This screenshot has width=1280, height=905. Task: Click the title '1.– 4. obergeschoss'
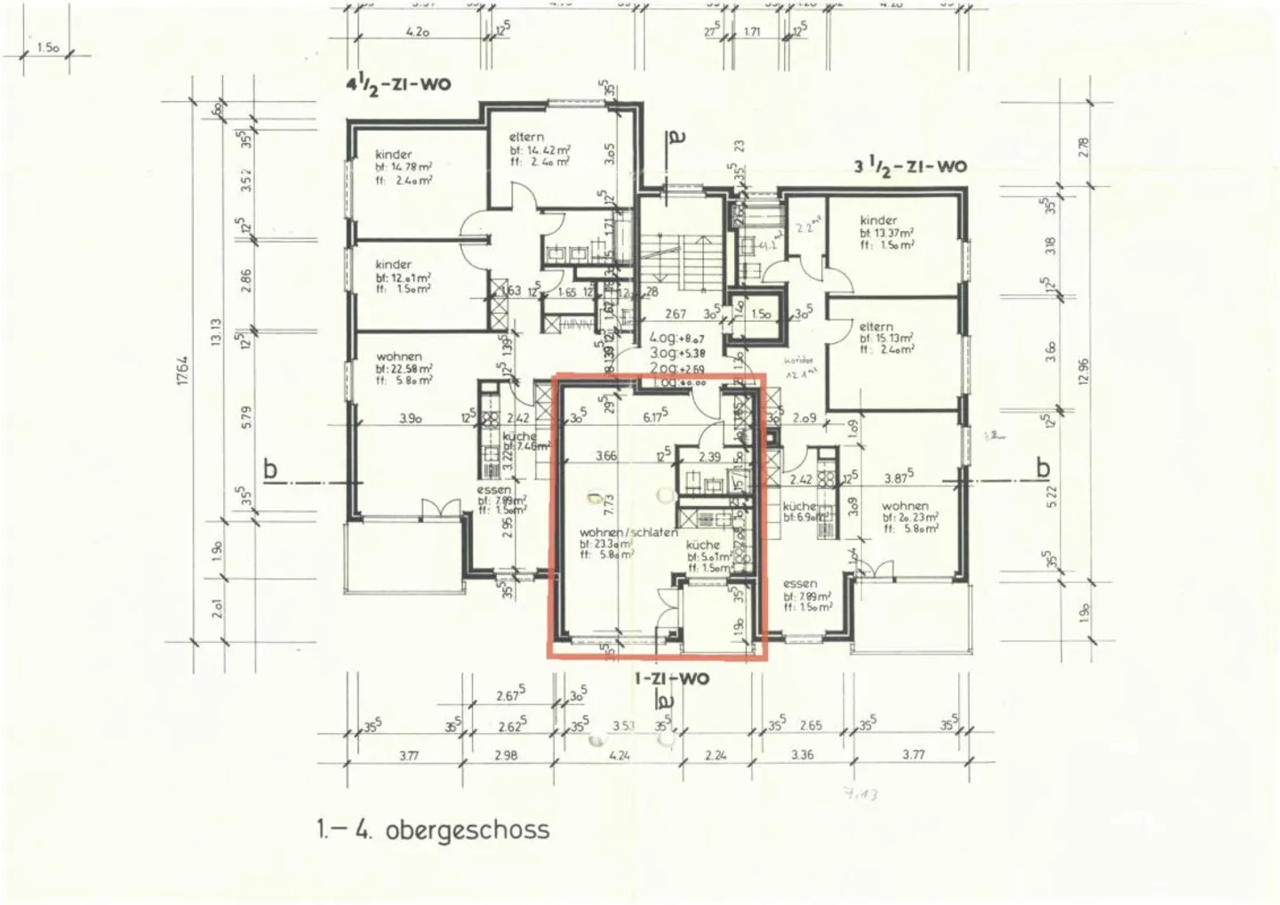[432, 830]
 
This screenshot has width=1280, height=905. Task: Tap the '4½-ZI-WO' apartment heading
[397, 85]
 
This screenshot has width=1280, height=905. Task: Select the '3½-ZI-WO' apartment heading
[909, 166]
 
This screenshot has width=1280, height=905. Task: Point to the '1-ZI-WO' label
[671, 678]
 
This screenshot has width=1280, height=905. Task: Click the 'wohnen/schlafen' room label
[628, 533]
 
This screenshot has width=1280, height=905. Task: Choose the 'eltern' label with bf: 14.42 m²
[526, 137]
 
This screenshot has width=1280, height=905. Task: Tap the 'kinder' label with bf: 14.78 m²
[394, 155]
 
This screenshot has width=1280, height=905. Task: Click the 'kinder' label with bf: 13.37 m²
[878, 220]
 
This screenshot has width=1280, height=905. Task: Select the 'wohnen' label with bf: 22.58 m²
[399, 356]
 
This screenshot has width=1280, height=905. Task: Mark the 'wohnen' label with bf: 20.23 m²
[905, 506]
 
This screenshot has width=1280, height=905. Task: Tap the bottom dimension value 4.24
[620, 756]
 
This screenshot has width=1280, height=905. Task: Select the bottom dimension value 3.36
[802, 756]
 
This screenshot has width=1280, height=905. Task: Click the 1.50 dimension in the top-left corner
[48, 48]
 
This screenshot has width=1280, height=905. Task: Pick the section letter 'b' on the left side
[271, 469]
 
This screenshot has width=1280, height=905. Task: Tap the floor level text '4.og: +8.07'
[676, 338]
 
